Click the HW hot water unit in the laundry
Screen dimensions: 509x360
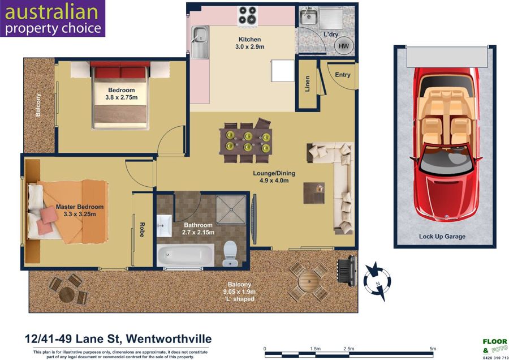tap(343, 46)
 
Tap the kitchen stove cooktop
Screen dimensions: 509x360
tap(248, 15)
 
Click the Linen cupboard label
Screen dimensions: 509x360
tap(307, 84)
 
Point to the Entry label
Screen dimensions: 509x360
tap(343, 75)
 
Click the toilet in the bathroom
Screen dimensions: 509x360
tap(230, 253)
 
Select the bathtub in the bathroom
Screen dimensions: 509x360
tap(186, 255)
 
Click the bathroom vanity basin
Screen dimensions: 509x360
tap(164, 225)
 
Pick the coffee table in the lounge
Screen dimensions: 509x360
tap(314, 193)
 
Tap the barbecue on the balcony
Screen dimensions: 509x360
tap(348, 271)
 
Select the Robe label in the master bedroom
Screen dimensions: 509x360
tap(142, 230)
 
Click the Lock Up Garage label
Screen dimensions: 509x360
tap(442, 237)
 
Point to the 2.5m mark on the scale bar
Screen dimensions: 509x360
tap(348, 349)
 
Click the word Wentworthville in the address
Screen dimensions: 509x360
tap(169, 339)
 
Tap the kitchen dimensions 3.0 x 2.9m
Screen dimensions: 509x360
tap(249, 47)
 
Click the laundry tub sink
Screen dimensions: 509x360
tap(308, 17)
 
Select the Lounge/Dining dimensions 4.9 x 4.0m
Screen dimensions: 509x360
tap(274, 181)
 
